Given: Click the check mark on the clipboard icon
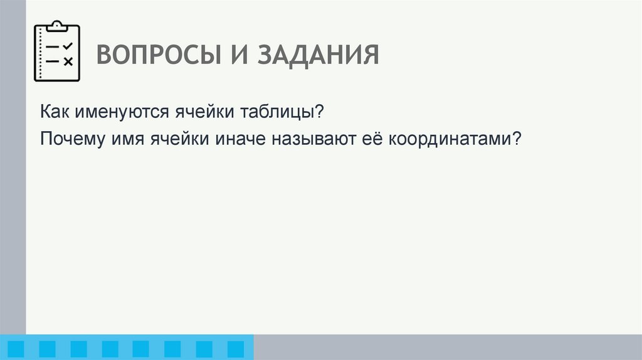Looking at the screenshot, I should pyautogui.click(x=68, y=46).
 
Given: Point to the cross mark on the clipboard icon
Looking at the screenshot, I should pyautogui.click(x=68, y=61).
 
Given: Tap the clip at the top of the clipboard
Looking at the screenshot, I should pyautogui.click(x=57, y=26).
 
